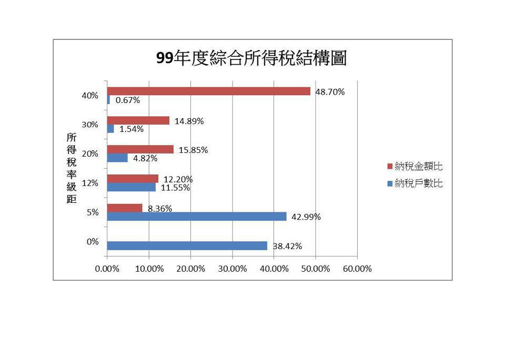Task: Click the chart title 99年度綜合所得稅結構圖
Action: pos(251,58)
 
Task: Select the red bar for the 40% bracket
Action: pos(208,91)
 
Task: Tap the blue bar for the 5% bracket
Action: pos(196,217)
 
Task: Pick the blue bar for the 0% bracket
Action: pos(187,246)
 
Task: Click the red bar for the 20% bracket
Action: pos(140,150)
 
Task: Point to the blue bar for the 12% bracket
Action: pos(131,187)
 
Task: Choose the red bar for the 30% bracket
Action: pos(138,121)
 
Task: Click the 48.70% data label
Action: pos(330,92)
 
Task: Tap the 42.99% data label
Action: pos(306,217)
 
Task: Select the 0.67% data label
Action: pos(128,100)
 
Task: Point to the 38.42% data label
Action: pos(287,246)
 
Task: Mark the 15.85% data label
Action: pos(193,150)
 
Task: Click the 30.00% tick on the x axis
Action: pos(232,269)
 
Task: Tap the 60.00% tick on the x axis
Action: pos(357,269)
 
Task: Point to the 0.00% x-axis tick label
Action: pos(107,269)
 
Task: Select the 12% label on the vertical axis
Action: pos(90,183)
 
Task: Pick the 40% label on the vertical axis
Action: pos(90,96)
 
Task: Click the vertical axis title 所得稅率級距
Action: pos(72,168)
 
